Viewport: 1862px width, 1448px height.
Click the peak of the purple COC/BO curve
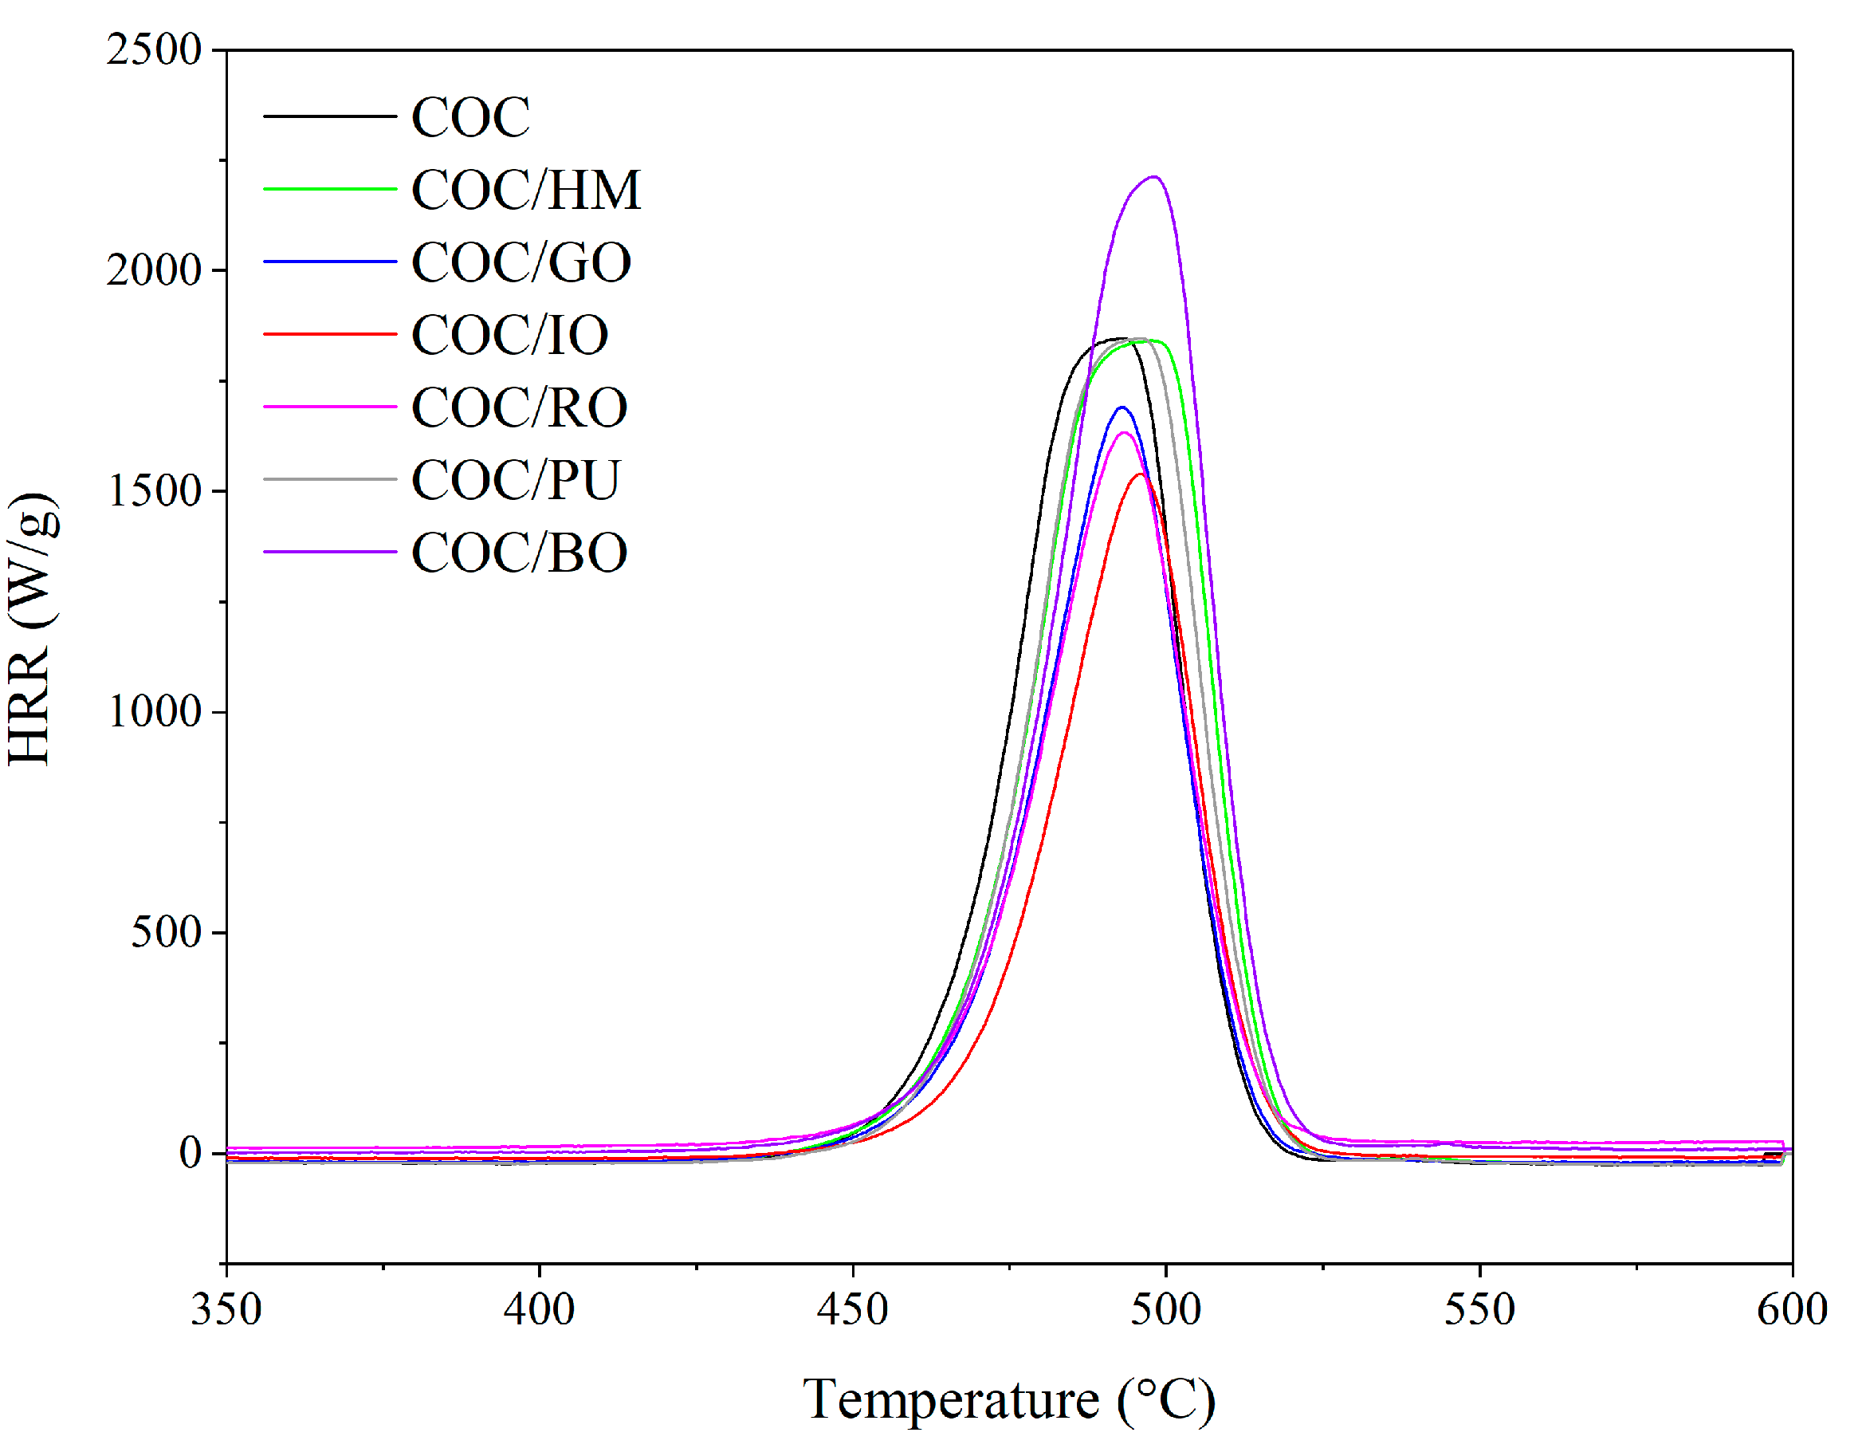(x=1153, y=177)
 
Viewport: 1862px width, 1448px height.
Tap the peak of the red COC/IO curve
(x=1140, y=474)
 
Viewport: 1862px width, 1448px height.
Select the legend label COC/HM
(x=525, y=189)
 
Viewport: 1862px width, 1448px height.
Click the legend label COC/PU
(x=515, y=479)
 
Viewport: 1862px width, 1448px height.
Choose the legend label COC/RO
(x=519, y=407)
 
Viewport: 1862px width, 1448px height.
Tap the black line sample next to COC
(x=329, y=116)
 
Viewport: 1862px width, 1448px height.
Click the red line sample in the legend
(x=329, y=334)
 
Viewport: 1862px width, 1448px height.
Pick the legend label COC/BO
(x=519, y=553)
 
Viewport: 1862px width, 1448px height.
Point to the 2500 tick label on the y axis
(x=154, y=49)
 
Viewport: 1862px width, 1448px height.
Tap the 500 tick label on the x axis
(x=1165, y=1309)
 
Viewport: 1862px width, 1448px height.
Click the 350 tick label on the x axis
(x=226, y=1309)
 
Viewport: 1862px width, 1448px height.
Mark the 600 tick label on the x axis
(x=1792, y=1309)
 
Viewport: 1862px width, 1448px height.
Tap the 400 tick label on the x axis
(x=539, y=1309)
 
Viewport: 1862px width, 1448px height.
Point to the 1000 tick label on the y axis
(x=154, y=711)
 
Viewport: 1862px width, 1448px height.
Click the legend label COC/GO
(x=521, y=262)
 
